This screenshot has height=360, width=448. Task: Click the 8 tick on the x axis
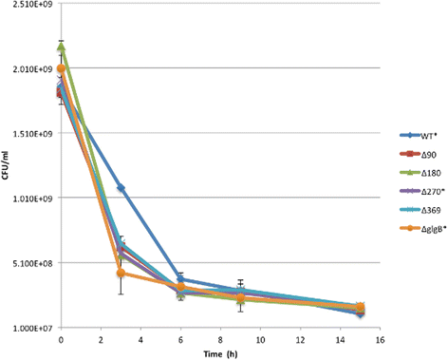(219, 339)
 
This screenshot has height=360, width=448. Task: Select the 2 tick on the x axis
(101, 339)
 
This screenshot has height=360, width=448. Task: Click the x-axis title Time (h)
(219, 352)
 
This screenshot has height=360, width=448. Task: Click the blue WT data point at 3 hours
(121, 188)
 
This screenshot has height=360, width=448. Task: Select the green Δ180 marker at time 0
(61, 47)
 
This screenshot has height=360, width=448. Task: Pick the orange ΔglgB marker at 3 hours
(121, 274)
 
